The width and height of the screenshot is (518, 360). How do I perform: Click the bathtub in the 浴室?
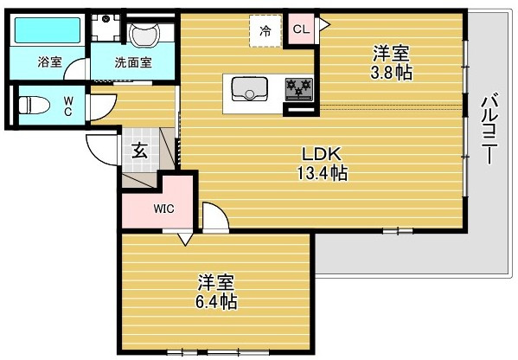(x=48, y=30)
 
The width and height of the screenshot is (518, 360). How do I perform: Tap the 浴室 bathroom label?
(x=49, y=61)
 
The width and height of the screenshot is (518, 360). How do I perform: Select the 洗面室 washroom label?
(x=133, y=62)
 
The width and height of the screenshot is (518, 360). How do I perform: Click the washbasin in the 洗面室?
(x=144, y=35)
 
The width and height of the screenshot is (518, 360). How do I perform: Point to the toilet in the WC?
(x=34, y=105)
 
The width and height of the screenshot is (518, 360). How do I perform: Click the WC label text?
(x=67, y=106)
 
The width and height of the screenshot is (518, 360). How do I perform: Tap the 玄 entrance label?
(x=140, y=151)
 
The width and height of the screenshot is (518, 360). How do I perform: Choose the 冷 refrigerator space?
(x=265, y=31)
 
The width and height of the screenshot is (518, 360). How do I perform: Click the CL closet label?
(x=301, y=29)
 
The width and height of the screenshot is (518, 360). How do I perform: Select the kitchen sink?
(x=249, y=88)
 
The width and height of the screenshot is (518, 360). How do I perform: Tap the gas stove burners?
(x=299, y=88)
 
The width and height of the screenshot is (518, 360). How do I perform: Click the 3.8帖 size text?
(x=392, y=73)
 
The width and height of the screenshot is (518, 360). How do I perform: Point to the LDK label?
(x=322, y=154)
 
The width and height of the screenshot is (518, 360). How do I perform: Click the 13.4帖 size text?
(x=322, y=172)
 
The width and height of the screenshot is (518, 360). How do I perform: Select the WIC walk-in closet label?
(x=163, y=209)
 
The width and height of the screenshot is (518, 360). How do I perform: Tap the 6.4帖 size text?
(x=216, y=301)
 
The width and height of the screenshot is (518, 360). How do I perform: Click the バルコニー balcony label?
(x=489, y=129)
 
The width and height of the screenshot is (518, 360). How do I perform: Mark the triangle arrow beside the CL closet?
(x=325, y=24)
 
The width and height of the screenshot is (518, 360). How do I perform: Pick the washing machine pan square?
(x=106, y=27)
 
